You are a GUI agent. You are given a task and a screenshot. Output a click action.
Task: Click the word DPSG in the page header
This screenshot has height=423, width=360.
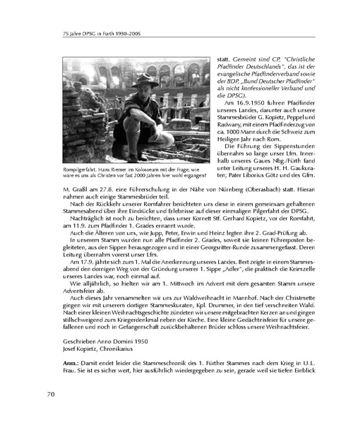click(x=75, y=32)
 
